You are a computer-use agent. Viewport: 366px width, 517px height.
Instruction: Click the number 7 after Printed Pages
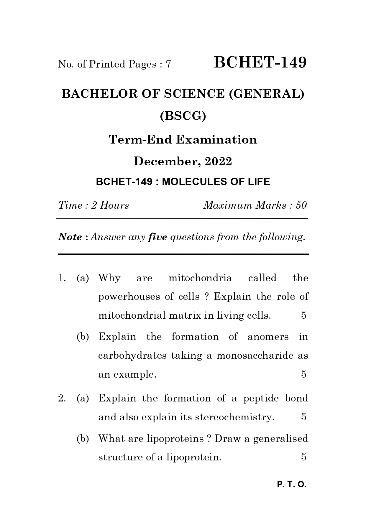[168, 64]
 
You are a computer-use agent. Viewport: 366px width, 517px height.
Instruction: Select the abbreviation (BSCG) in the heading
[183, 116]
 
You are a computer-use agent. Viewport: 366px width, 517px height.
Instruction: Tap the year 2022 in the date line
[218, 162]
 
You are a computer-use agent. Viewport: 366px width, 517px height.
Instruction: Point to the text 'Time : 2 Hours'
[93, 205]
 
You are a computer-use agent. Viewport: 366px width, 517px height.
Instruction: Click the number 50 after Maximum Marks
[301, 205]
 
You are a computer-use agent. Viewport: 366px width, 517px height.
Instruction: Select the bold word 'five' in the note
[157, 237]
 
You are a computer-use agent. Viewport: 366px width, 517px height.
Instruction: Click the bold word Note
[70, 237]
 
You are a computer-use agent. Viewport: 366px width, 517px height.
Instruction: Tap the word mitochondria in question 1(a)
[200, 278]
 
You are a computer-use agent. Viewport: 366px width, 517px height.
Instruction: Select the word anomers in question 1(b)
[268, 337]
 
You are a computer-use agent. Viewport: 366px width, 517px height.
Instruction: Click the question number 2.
[61, 399]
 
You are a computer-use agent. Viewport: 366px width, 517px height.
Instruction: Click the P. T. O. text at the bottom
[292, 485]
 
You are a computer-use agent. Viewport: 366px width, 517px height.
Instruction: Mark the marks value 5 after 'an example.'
[303, 374]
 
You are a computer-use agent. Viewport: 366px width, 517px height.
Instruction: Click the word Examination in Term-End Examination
[216, 139]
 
